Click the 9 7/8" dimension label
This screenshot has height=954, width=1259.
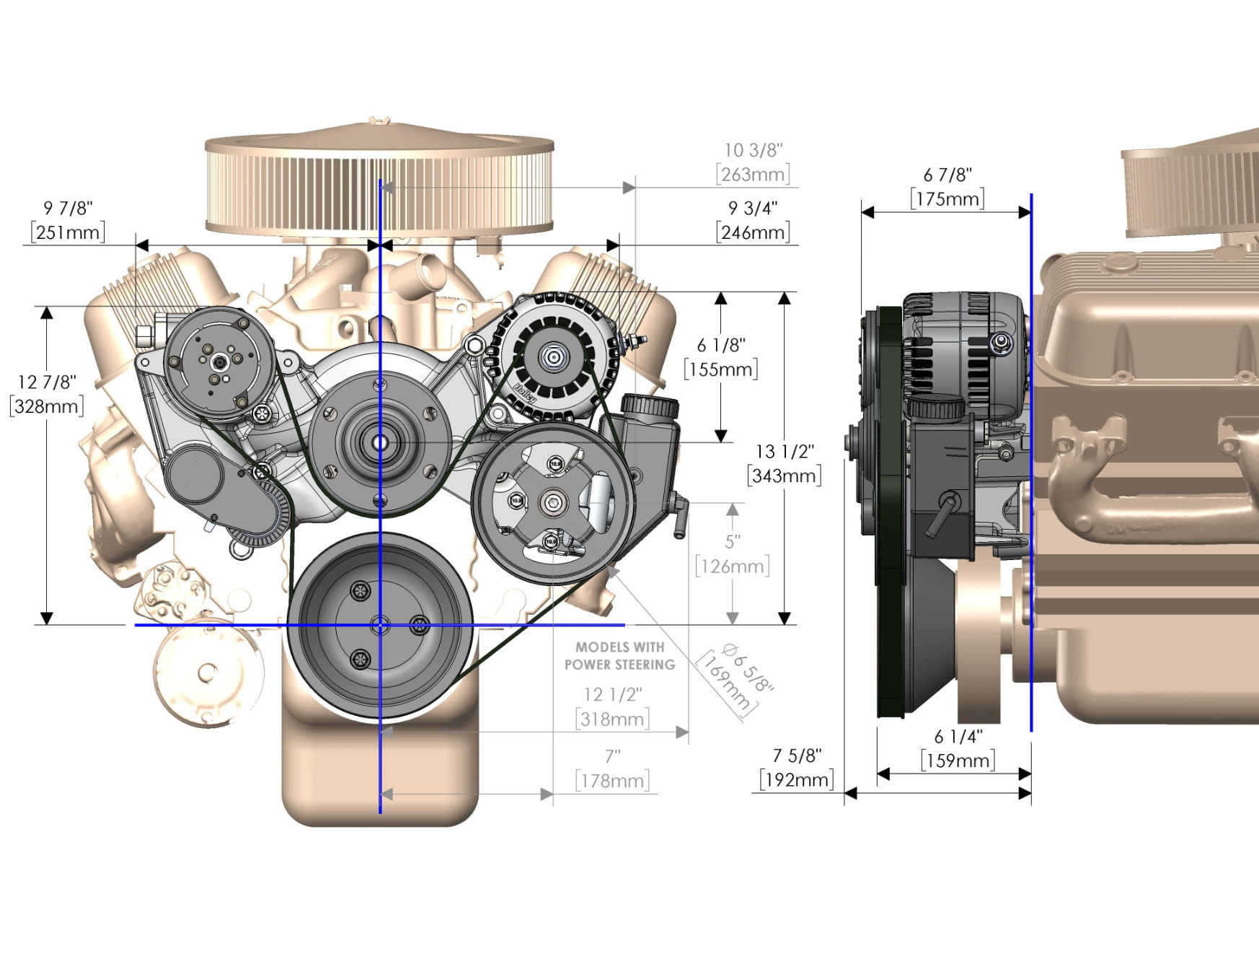pos(69,209)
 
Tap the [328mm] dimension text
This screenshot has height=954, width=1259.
pos(47,406)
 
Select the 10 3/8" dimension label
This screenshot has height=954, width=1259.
pos(754,150)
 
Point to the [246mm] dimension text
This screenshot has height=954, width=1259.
pos(754,232)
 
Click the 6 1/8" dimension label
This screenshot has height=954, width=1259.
pos(721,346)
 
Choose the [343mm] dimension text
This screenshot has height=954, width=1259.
pos(785,476)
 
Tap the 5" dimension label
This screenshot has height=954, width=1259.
pos(733,541)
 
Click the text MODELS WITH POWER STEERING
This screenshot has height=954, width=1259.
pos(620,656)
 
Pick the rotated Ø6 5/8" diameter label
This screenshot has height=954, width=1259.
pos(748,668)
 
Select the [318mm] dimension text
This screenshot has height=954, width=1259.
pos(613,719)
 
